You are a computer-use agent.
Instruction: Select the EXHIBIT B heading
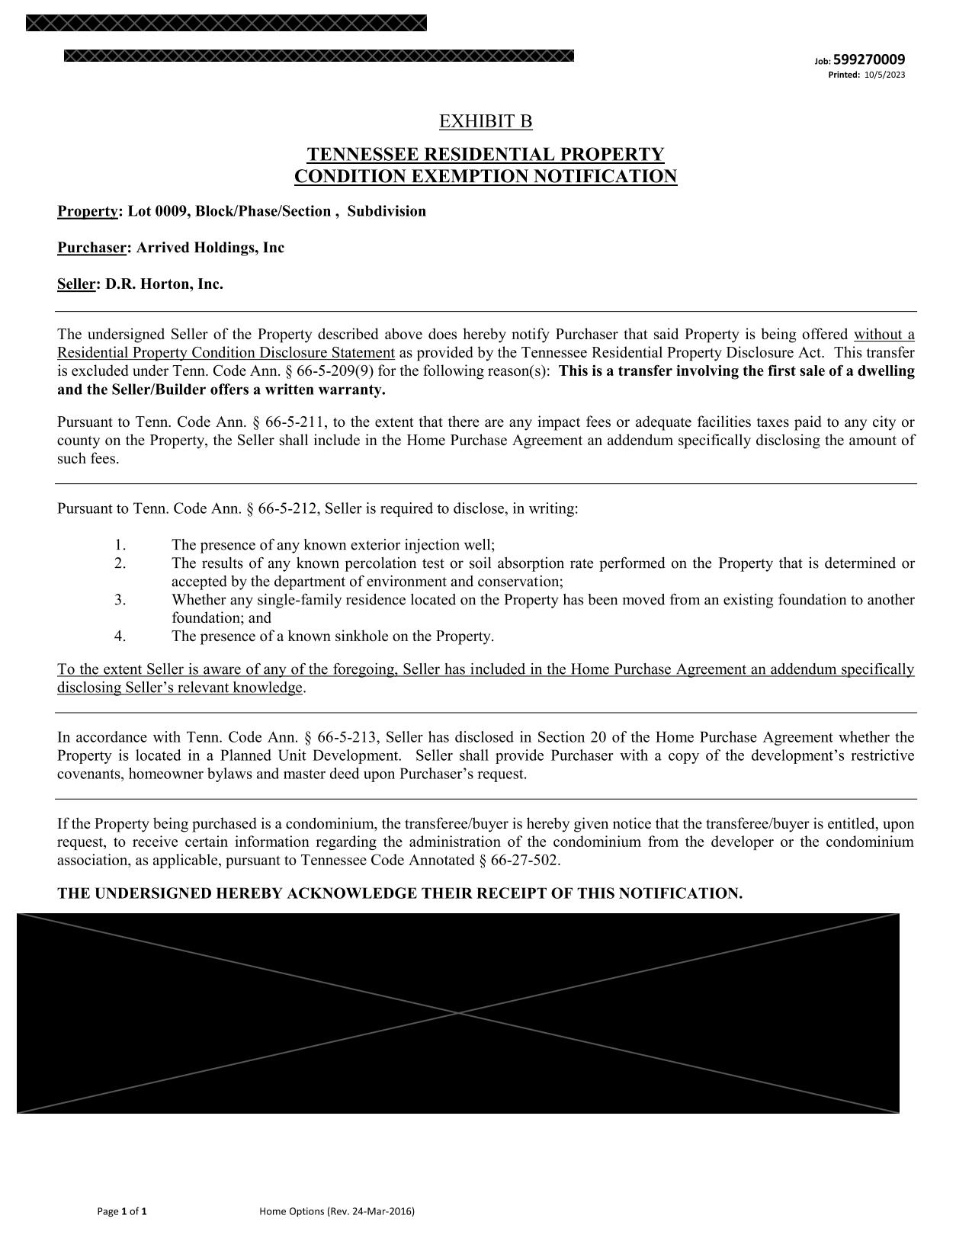[x=486, y=121]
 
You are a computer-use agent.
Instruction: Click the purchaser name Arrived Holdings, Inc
[x=210, y=248]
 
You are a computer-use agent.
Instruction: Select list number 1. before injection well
[x=120, y=545]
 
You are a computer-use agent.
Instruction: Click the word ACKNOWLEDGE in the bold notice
[x=350, y=893]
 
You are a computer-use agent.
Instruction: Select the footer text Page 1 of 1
[x=122, y=1211]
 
